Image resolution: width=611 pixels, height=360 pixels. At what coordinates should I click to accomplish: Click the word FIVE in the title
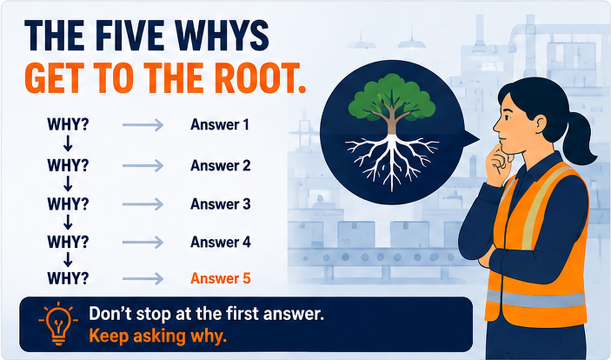tap(130, 36)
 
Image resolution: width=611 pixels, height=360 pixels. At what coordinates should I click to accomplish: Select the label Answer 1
tap(220, 125)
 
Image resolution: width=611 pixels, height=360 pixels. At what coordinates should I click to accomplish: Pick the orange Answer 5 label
tap(220, 278)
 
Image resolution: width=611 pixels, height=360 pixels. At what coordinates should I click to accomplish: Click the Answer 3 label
tap(220, 204)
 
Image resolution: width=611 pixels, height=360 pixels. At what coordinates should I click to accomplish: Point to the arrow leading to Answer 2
tap(143, 166)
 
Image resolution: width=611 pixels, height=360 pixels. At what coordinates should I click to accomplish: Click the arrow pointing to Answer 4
tap(143, 242)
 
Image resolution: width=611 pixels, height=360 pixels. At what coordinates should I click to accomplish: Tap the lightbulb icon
tap(58, 324)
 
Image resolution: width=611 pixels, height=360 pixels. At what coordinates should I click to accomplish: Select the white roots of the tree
tap(392, 161)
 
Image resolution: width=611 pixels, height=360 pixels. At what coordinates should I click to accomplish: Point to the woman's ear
tap(540, 124)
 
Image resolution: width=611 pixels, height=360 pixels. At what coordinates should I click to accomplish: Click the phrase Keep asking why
tap(158, 336)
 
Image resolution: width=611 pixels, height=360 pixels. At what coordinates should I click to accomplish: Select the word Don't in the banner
tap(110, 313)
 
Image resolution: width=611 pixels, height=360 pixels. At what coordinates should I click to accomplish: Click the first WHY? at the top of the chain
tap(68, 124)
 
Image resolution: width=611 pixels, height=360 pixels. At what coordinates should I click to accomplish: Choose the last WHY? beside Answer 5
tap(68, 278)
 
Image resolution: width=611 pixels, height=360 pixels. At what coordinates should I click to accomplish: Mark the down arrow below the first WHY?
tap(68, 144)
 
